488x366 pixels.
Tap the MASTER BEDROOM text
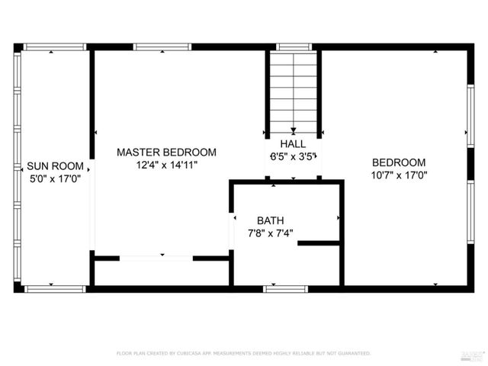166,152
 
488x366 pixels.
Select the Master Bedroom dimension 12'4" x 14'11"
166,165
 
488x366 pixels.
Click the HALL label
293,144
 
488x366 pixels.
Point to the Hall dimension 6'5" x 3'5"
293,156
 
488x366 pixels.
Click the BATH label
270,220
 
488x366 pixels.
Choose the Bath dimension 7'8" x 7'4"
270,233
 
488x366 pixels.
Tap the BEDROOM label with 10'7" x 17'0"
399,162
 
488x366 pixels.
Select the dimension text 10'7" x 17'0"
399,175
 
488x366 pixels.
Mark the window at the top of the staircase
293,47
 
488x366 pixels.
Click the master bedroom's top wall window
157,47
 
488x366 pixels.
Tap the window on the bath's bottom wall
285,288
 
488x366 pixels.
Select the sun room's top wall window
53,47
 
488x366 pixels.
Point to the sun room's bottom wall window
53,288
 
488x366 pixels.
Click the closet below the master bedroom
160,272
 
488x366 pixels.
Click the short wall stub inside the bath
318,244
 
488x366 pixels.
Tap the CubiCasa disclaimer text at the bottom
243,353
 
